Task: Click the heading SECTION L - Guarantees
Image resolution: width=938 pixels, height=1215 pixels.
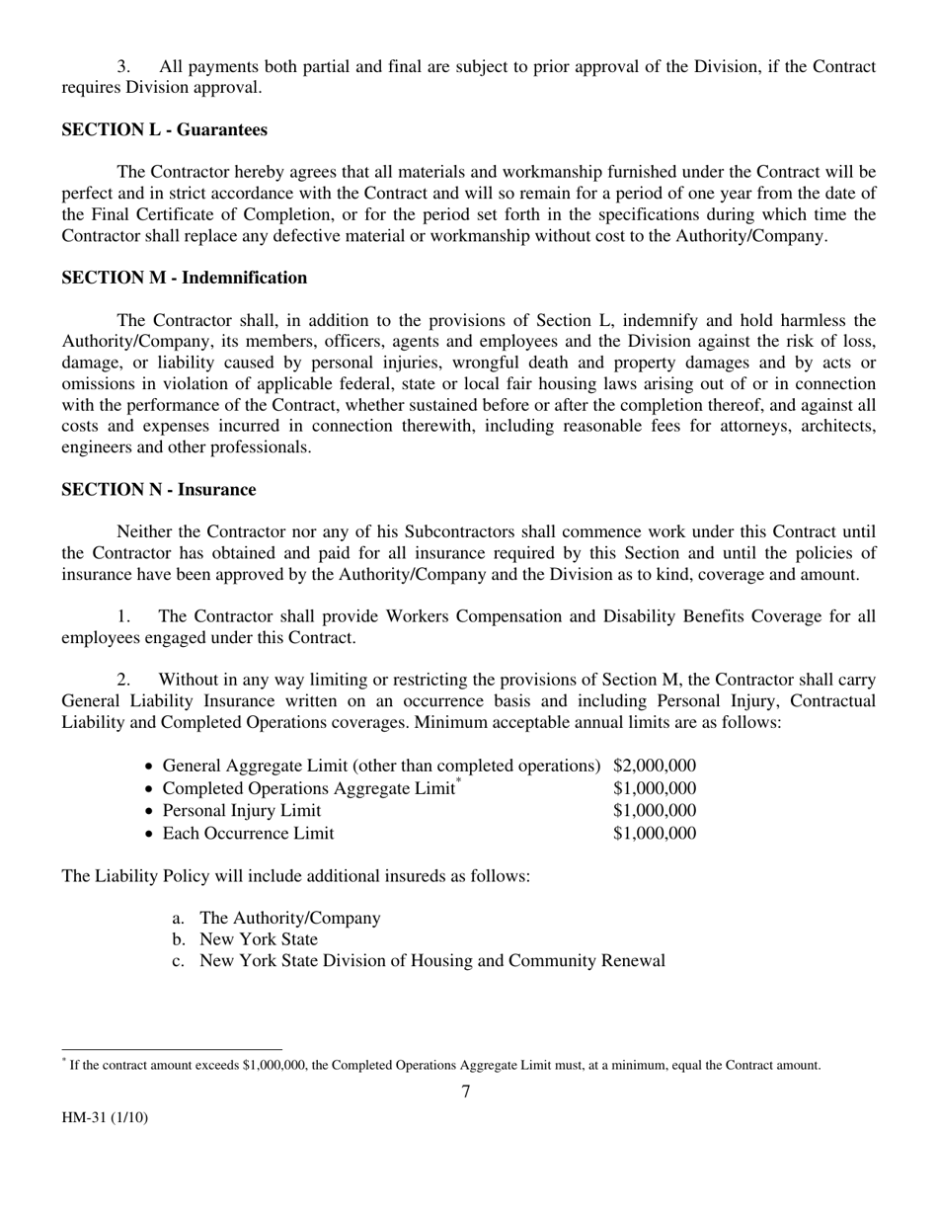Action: tap(164, 130)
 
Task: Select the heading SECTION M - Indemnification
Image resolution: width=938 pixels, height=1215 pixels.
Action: tap(184, 279)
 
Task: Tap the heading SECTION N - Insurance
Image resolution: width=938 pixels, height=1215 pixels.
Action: tap(158, 490)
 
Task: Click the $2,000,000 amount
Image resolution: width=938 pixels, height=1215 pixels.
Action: tap(655, 766)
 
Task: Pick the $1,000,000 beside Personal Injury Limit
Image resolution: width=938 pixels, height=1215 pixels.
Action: tap(655, 811)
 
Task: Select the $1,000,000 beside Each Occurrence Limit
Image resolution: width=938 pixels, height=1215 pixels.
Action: tap(655, 834)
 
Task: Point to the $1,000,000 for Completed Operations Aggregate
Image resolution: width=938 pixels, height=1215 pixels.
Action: tap(655, 788)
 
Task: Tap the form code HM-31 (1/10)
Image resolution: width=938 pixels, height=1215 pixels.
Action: tap(106, 1119)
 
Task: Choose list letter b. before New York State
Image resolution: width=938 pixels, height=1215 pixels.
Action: tap(179, 939)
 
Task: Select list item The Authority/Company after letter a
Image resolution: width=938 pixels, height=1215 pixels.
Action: tap(289, 919)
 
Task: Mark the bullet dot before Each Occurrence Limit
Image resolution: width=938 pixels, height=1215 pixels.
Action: tap(148, 835)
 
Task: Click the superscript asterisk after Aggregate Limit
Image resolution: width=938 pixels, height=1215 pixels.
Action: tap(458, 782)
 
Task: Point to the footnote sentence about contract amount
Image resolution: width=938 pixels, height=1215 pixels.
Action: tap(444, 1066)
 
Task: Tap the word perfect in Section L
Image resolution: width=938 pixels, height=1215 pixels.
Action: tap(88, 194)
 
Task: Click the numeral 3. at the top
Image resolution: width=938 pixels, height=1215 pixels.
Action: tap(124, 67)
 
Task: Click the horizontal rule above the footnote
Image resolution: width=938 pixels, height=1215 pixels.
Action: tap(172, 1050)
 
